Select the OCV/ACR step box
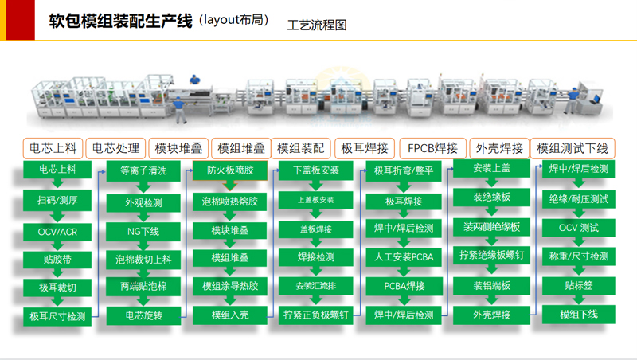57,232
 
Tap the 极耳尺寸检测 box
57,316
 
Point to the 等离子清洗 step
143,170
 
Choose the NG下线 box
143,232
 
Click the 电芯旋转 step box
143,315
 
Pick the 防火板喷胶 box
230,170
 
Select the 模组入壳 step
230,315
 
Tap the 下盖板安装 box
316,170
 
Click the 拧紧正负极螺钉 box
316,315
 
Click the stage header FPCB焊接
432,148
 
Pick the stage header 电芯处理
115,148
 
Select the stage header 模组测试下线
572,148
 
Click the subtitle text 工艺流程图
317,25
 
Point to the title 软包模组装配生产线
120,21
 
